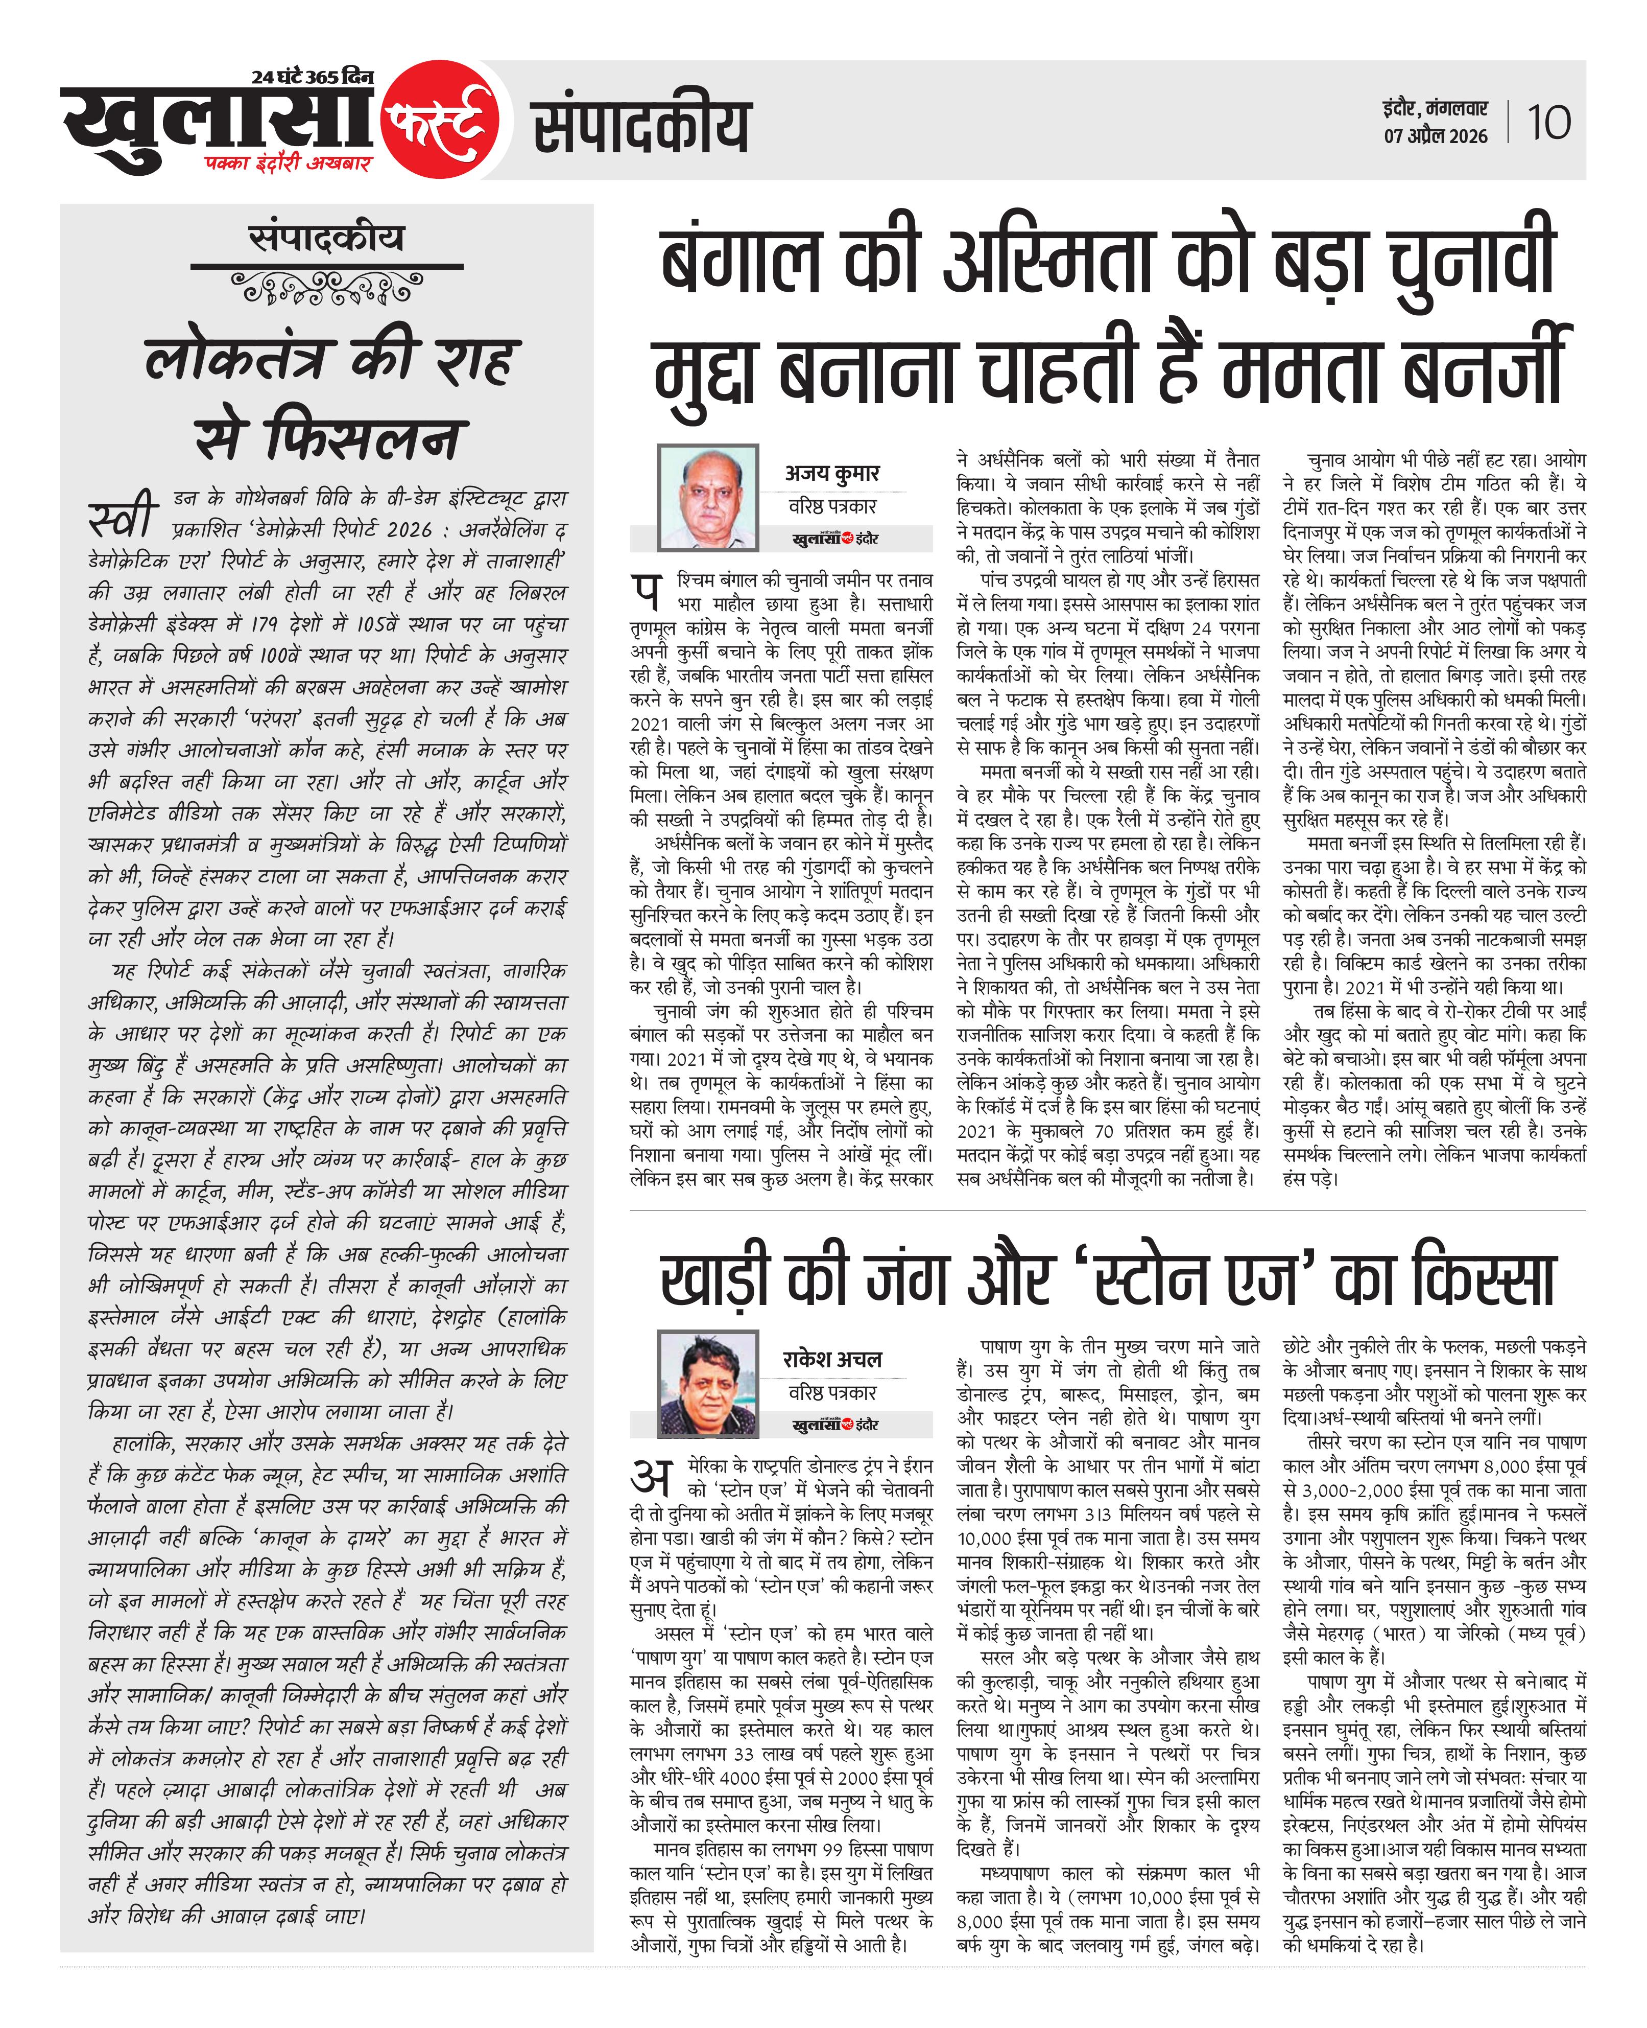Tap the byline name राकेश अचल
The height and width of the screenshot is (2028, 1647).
pos(832,1359)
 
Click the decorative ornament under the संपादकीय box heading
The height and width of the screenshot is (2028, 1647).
pos(326,287)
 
